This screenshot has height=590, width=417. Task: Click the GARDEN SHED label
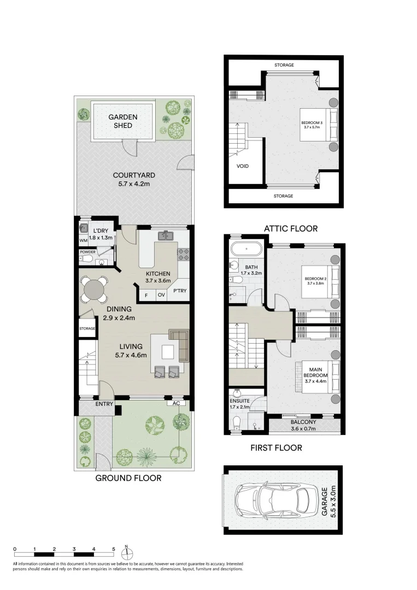point(122,121)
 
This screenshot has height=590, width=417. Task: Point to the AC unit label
point(176,404)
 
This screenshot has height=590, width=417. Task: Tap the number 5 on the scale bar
point(113,548)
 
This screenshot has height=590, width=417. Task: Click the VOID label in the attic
point(243,166)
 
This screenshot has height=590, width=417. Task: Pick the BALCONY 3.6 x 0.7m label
point(303,425)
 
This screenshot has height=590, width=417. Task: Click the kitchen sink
point(166,236)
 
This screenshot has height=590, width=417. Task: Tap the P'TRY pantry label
point(180,291)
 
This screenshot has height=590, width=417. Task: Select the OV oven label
point(161,295)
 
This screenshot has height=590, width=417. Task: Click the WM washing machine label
point(83,240)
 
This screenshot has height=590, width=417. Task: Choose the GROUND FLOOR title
point(128,478)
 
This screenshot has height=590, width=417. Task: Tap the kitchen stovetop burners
point(183,253)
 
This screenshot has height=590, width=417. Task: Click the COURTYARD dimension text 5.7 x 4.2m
point(134,184)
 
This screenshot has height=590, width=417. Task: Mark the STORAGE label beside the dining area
point(87,328)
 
